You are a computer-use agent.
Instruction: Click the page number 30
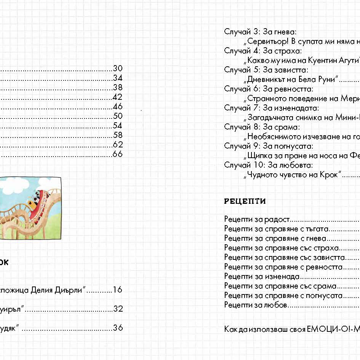pyautogui.click(x=118, y=69)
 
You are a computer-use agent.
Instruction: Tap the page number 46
pyautogui.click(x=118, y=107)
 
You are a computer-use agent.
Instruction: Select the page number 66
pyautogui.click(x=118, y=154)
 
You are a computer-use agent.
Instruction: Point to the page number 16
pyautogui.click(x=118, y=290)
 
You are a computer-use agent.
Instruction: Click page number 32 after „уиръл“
pyautogui.click(x=118, y=309)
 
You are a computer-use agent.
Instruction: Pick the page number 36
pyautogui.click(x=118, y=328)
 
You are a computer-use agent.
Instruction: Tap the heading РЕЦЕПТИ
pyautogui.click(x=245, y=202)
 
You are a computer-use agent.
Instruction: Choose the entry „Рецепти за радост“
pyautogui.click(x=257, y=219)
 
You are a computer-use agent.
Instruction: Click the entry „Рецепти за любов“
pyautogui.click(x=256, y=305)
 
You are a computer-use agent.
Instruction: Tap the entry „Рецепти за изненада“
pyautogui.click(x=262, y=277)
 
